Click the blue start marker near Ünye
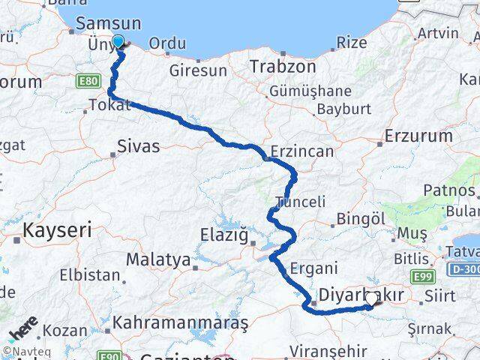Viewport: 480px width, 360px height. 118,41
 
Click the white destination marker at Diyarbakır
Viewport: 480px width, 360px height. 371,299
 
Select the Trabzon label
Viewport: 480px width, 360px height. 278,65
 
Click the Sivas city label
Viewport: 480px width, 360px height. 139,146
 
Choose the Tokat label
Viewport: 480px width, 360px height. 109,106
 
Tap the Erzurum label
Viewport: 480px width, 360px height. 418,136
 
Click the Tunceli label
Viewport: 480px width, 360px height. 300,202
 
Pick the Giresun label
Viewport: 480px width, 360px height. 198,71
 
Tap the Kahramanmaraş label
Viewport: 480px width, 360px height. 180,323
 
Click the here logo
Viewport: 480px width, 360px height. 22,330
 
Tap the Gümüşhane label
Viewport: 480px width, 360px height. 310,91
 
